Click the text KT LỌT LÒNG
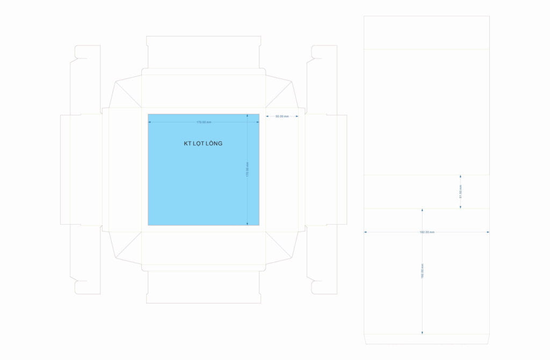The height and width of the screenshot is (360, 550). pyautogui.click(x=203, y=143)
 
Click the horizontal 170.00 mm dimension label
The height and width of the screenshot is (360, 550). pyautogui.click(x=204, y=123)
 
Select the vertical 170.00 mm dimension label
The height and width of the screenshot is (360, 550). pyautogui.click(x=247, y=170)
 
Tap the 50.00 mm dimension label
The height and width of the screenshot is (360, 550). pyautogui.click(x=282, y=116)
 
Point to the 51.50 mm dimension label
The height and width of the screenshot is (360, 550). pyautogui.click(x=460, y=191)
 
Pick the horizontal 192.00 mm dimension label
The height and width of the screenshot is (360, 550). pyautogui.click(x=426, y=232)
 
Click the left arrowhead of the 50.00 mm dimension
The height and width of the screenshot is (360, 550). pyautogui.click(x=267, y=116)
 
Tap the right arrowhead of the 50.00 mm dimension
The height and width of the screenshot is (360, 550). pyautogui.click(x=297, y=116)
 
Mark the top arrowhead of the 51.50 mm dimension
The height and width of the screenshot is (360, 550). pyautogui.click(x=460, y=176)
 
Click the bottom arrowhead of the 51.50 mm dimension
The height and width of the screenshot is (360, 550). pyautogui.click(x=460, y=207)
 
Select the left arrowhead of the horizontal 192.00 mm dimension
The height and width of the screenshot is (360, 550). pyautogui.click(x=365, y=232)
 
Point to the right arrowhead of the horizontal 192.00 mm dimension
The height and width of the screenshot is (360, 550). pyautogui.click(x=488, y=232)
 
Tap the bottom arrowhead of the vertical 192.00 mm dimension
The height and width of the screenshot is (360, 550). pyautogui.click(x=422, y=333)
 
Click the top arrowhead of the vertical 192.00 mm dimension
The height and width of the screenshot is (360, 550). pyautogui.click(x=422, y=210)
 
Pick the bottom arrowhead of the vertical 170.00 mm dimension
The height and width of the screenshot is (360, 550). pyautogui.click(x=247, y=224)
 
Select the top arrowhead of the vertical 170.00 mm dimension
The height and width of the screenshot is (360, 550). pyautogui.click(x=247, y=115)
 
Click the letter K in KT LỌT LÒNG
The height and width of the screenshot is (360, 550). pyautogui.click(x=186, y=143)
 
